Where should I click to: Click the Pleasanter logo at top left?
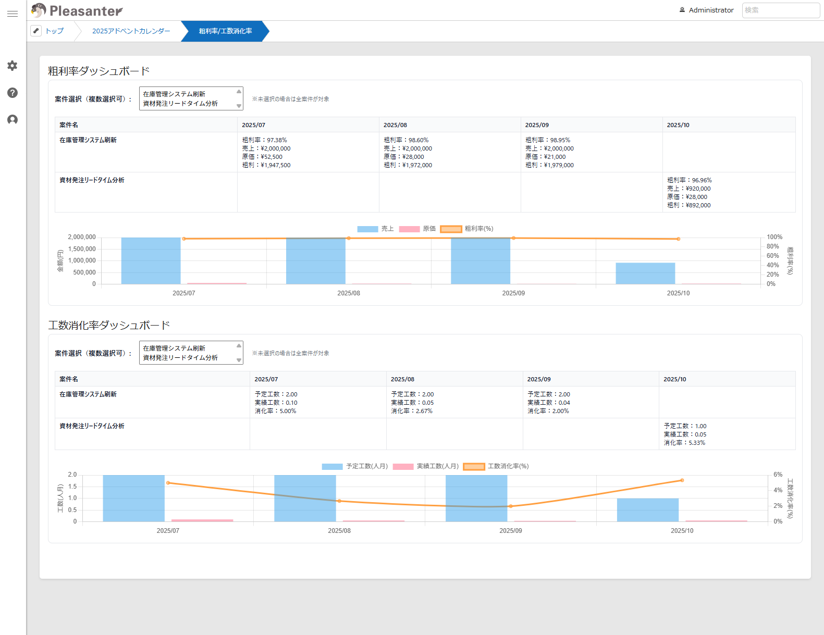point(77,10)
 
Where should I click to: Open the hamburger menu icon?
point(13,14)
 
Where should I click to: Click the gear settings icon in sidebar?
point(13,66)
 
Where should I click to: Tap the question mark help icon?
point(13,93)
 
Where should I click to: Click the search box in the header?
point(780,10)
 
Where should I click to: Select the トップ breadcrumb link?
point(54,31)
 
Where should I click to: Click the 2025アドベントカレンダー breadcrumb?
point(131,31)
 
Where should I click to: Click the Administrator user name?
point(711,10)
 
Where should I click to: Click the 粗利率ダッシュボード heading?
point(99,71)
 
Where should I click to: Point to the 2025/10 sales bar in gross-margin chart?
point(645,273)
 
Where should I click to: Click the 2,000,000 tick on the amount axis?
point(82,237)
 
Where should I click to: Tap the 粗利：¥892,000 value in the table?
point(688,205)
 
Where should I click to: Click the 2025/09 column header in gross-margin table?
point(537,125)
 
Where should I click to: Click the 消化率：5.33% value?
point(684,443)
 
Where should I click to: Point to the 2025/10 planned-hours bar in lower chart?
point(648,510)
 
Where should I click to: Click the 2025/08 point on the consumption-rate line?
point(339,501)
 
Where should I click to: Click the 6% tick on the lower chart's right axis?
point(778,475)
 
